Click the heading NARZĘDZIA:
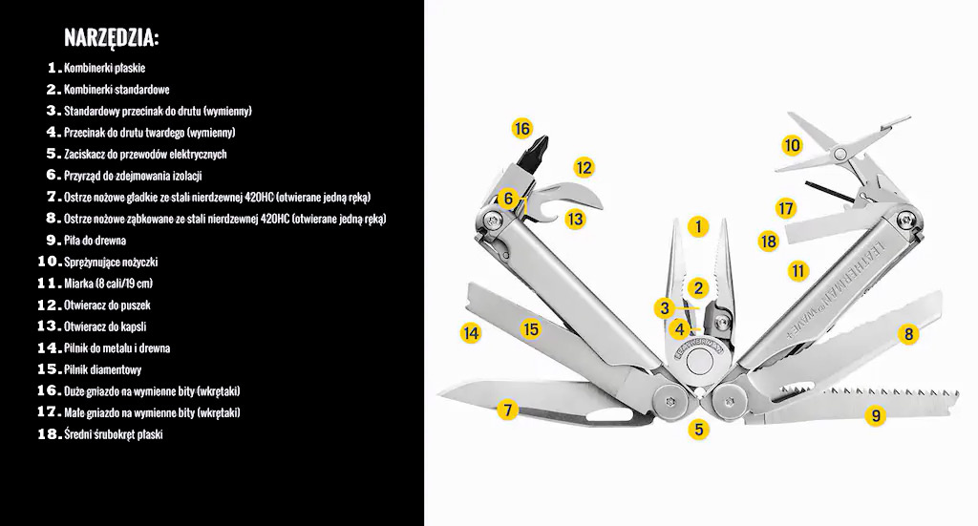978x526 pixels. [x=112, y=38]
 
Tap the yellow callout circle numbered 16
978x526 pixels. [x=522, y=129]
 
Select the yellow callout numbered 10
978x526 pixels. [x=792, y=146]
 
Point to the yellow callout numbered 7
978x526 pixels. [x=508, y=410]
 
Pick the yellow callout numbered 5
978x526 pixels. [x=698, y=429]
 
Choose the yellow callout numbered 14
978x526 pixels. [x=470, y=333]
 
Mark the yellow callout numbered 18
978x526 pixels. [x=769, y=242]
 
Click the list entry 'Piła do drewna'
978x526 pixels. [x=95, y=241]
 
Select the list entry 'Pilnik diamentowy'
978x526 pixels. [x=103, y=369]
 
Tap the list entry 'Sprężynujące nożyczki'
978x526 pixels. [x=111, y=263]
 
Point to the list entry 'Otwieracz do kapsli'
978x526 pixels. [x=105, y=326]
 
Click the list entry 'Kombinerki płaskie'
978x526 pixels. [x=105, y=68]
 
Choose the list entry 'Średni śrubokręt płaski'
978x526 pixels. [x=113, y=434]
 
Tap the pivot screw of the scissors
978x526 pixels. [x=840, y=153]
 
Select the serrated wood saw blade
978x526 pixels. [x=861, y=404]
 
